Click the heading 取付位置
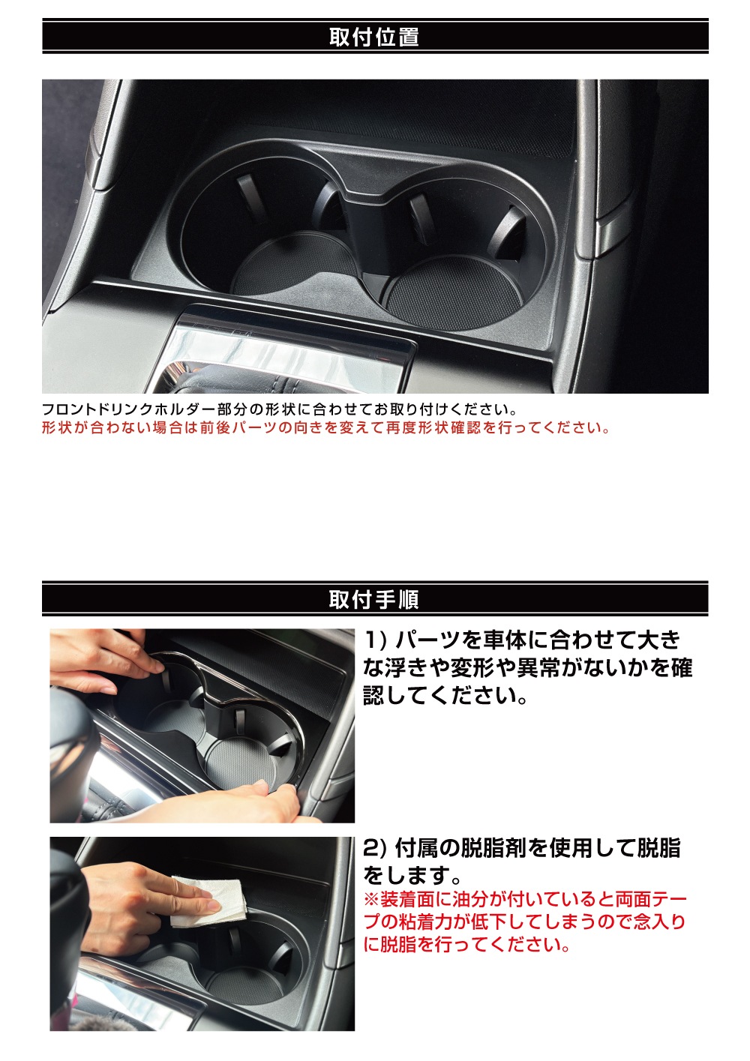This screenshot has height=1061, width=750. click(x=374, y=37)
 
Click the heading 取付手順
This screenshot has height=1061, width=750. click(x=374, y=599)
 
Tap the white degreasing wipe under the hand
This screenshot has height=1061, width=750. click(x=208, y=902)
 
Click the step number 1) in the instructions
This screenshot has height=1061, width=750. click(x=376, y=640)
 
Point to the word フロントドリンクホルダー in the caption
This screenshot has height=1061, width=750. click(x=129, y=409)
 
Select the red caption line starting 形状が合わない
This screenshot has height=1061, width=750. click(x=326, y=427)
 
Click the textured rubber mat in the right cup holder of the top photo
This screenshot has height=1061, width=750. click(x=454, y=292)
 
